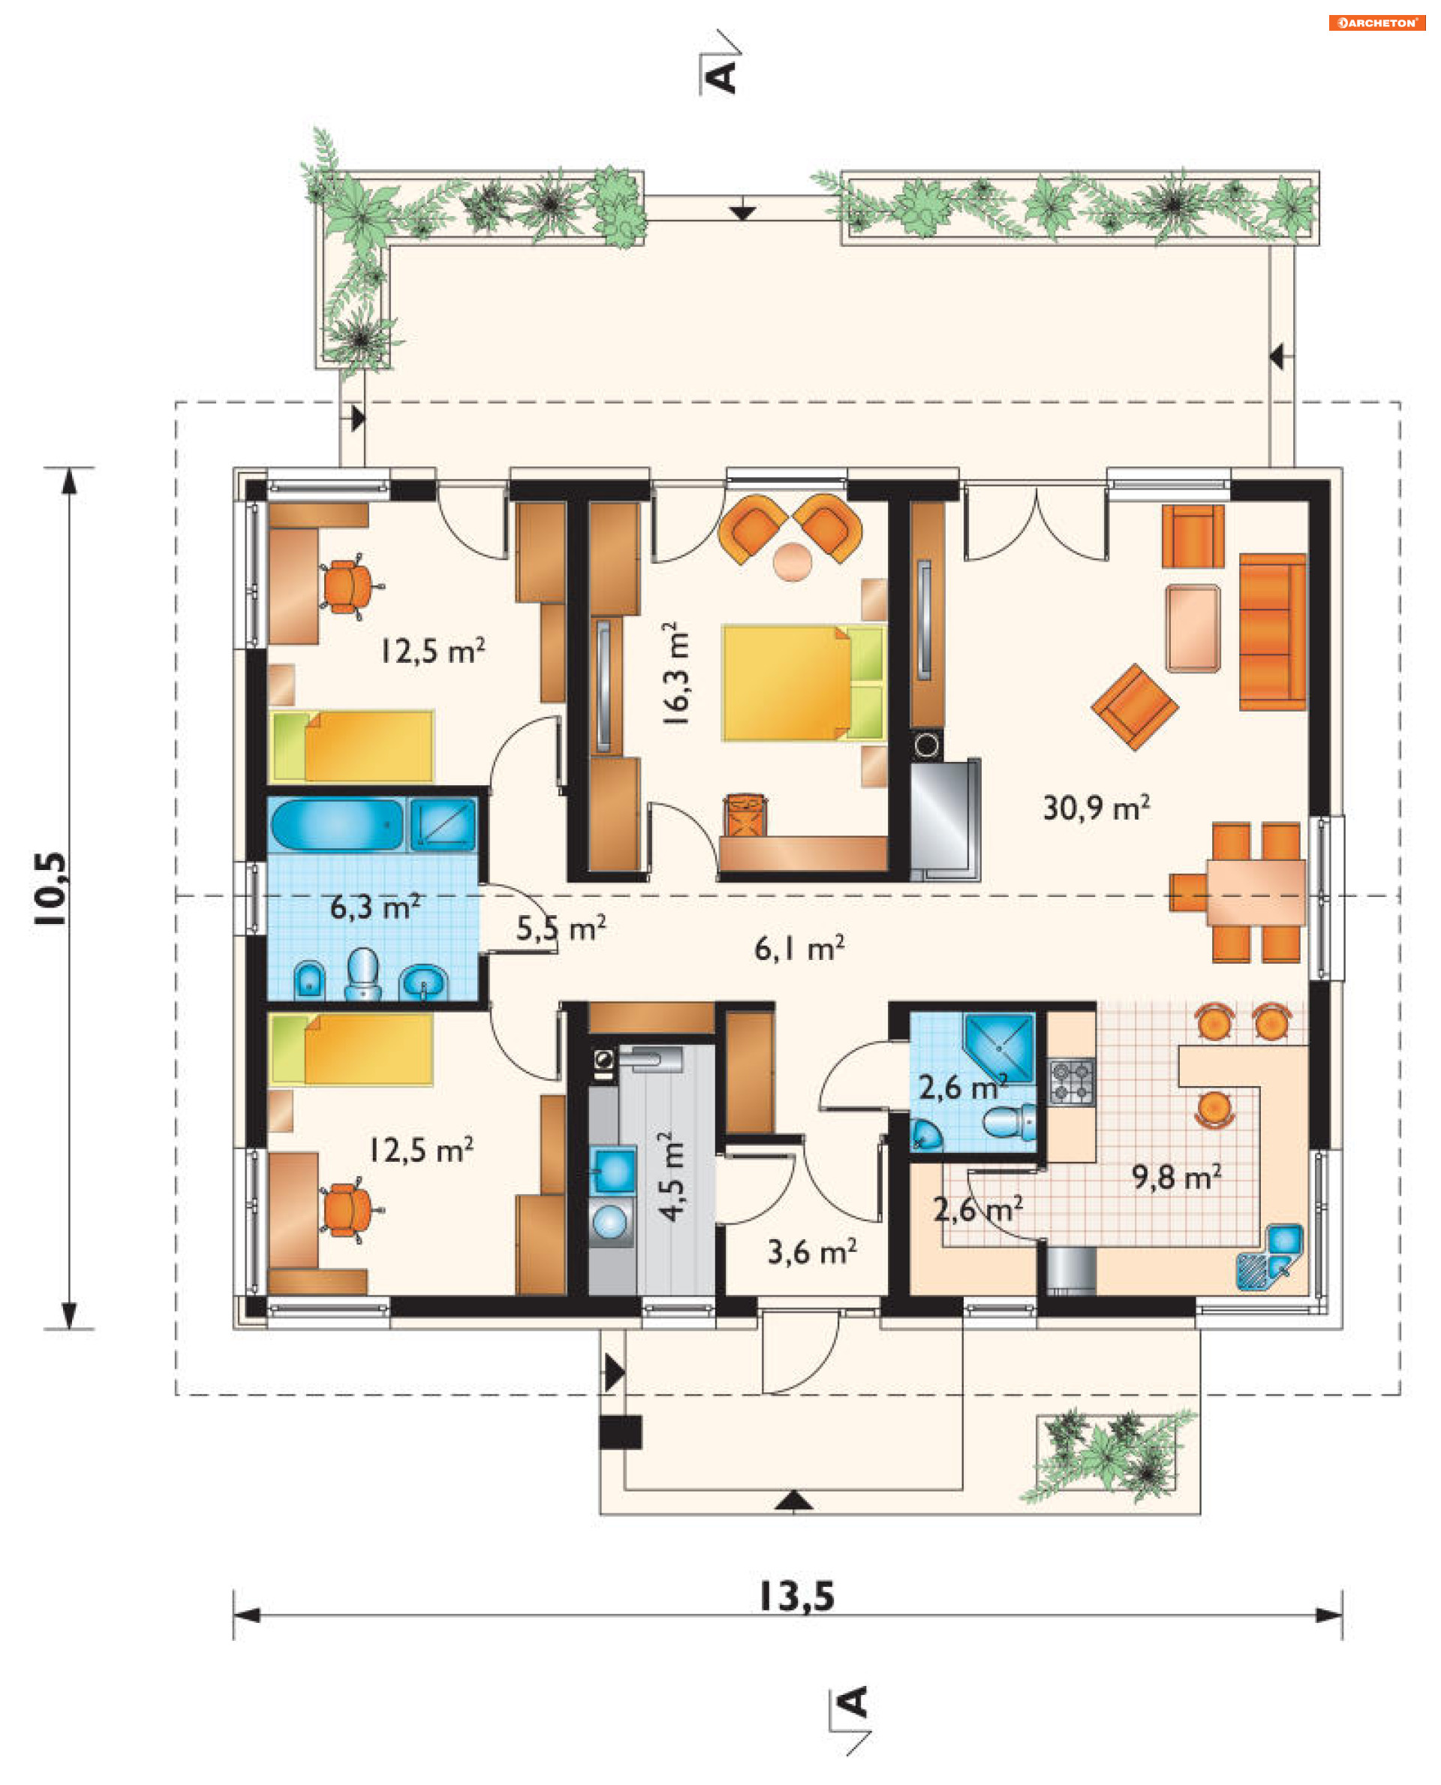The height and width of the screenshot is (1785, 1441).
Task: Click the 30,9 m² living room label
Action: pyautogui.click(x=1096, y=807)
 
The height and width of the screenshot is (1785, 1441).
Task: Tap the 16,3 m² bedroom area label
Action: pyautogui.click(x=676, y=673)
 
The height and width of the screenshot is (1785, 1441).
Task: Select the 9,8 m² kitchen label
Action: pyautogui.click(x=1176, y=1176)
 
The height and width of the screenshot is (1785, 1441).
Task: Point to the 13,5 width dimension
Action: pyautogui.click(x=797, y=1597)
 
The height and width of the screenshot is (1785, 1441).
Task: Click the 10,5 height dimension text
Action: pyautogui.click(x=50, y=888)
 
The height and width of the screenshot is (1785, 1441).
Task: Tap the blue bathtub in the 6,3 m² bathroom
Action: pyautogui.click(x=337, y=824)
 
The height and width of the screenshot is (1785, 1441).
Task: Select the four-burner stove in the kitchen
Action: pyautogui.click(x=1072, y=1082)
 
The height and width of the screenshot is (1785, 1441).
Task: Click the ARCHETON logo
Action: pyautogui.click(x=1377, y=23)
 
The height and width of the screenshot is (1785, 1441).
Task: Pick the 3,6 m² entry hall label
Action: pyautogui.click(x=812, y=1251)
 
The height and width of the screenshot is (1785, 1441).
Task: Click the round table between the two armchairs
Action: pyautogui.click(x=793, y=562)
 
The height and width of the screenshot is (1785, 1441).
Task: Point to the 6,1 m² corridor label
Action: pyautogui.click(x=799, y=947)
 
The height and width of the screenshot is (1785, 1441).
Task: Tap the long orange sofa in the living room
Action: pyautogui.click(x=1272, y=632)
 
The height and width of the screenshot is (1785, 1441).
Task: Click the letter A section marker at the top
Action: pyautogui.click(x=720, y=77)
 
